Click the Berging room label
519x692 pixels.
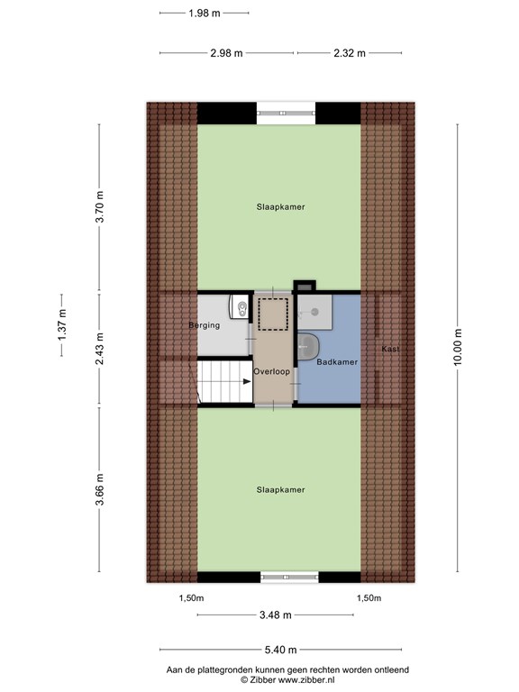tap(204, 325)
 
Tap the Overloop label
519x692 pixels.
tap(271, 371)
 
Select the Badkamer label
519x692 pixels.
tap(337, 362)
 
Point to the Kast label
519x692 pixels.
tap(390, 349)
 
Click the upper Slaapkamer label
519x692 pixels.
tap(281, 206)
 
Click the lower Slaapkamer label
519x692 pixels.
tap(281, 489)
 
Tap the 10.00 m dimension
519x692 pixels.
tap(457, 347)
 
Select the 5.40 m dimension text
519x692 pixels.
tap(281, 650)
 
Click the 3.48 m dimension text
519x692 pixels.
tap(276, 615)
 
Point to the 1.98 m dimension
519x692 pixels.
tap(205, 14)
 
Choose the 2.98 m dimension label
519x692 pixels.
tap(226, 53)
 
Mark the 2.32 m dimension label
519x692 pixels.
tap(350, 53)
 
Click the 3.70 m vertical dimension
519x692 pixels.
tap(100, 206)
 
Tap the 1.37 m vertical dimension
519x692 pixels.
tap(62, 324)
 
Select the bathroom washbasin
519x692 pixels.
tap(308, 346)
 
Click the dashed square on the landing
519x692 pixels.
tap(273, 314)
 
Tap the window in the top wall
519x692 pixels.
tap(286, 113)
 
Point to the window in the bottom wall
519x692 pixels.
tap(289, 577)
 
